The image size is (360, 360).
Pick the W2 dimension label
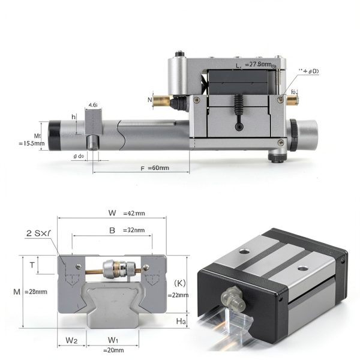[70, 341]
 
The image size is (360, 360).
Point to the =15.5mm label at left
[32, 143]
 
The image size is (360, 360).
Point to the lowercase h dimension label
[73, 116]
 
